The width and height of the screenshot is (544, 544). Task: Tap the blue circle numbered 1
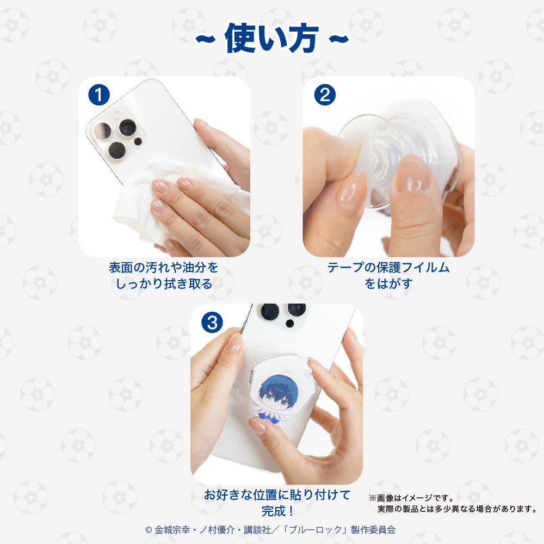[x=99, y=95]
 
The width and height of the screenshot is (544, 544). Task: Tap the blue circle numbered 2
[x=325, y=95]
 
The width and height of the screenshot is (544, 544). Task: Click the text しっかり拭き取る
[x=163, y=284]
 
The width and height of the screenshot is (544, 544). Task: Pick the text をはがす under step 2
[x=388, y=284]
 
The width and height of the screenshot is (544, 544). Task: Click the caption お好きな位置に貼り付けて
[x=277, y=495]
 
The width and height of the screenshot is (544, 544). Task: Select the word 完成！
[x=277, y=511]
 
